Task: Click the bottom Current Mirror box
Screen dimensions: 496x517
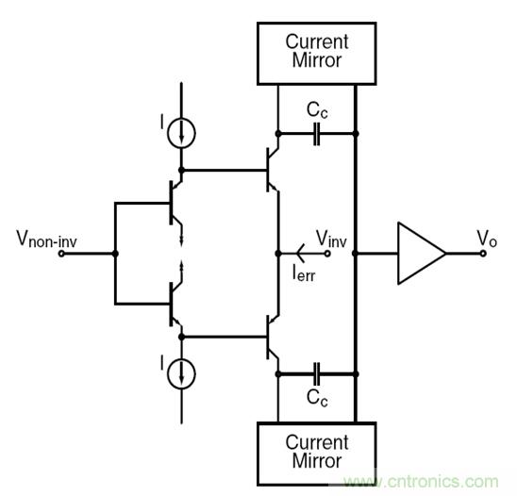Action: pos(316,450)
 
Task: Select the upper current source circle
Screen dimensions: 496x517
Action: pos(180,132)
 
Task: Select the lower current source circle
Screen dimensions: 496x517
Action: pos(180,372)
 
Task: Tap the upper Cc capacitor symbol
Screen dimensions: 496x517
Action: pos(318,133)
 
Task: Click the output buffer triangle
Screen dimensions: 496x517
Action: pos(421,253)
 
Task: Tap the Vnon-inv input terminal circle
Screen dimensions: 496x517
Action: pos(61,254)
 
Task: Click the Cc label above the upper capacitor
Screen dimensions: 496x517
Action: pos(317,110)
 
